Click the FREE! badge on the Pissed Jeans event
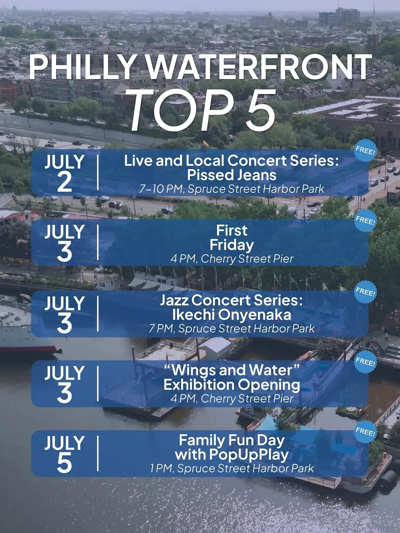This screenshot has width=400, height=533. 365,151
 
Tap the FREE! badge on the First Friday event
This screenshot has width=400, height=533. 365,221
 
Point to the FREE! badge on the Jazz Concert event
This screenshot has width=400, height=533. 365,291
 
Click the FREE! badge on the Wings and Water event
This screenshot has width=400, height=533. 365,362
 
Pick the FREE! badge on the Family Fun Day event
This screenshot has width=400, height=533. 365,432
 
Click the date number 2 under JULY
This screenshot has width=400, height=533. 64,182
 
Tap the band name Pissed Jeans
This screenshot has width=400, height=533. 232,175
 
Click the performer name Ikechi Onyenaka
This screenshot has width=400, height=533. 232,315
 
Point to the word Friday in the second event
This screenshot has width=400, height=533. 232,245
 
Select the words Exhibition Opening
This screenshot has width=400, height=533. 232,385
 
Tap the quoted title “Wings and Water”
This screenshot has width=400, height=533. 232,370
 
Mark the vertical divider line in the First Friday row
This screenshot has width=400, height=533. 98,242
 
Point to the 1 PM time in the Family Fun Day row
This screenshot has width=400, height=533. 162,468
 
